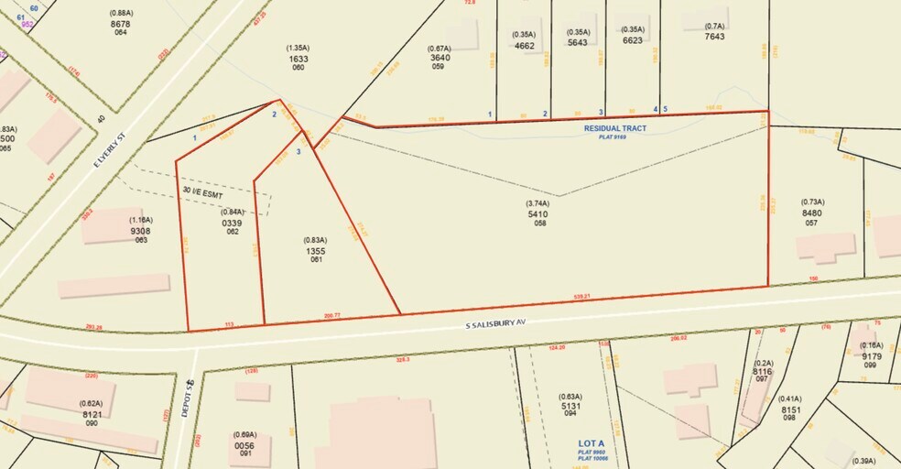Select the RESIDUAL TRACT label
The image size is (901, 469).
pos(615,128)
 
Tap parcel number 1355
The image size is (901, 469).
pos(315,250)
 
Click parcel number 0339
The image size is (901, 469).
pos(232,223)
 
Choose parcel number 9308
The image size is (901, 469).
pos(140,231)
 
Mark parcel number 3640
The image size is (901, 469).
pos(440,58)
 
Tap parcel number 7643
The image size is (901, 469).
pos(714,37)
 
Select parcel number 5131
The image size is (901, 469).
pos(571,407)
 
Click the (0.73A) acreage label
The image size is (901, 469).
pos(812,202)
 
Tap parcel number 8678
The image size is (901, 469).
pos(120,24)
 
